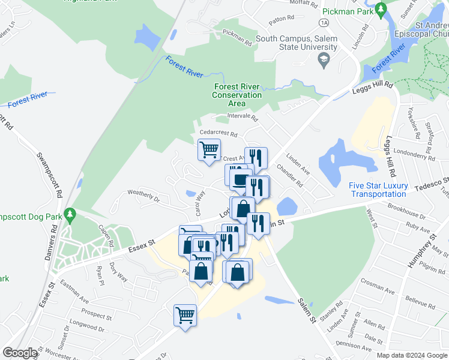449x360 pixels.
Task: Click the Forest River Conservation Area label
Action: click(x=238, y=95)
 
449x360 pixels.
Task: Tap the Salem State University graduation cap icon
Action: click(x=323, y=59)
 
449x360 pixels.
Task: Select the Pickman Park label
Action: click(x=346, y=11)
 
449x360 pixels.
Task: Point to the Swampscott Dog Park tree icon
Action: click(x=70, y=214)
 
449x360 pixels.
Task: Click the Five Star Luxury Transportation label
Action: click(x=378, y=190)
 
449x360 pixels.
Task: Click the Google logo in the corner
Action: click(x=20, y=353)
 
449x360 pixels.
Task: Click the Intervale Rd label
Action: click(x=242, y=117)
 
